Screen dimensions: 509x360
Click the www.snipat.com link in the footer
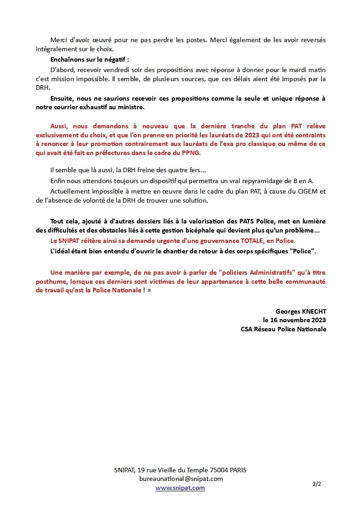pos(180,488)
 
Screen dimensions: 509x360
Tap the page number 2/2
pos(316,484)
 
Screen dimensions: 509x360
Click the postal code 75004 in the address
pos(214,470)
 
